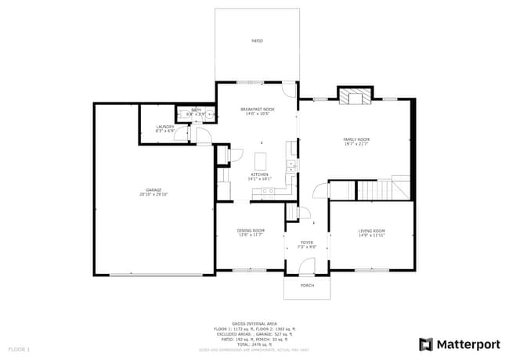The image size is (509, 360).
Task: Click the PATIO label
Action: (x=257, y=40)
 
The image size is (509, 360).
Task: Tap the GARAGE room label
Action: (x=153, y=189)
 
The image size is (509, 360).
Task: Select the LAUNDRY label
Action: (x=164, y=126)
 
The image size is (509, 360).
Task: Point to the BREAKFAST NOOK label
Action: (x=257, y=109)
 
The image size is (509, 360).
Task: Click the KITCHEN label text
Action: (x=259, y=174)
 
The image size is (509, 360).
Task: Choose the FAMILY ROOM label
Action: (x=356, y=139)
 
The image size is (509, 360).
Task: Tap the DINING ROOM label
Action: (x=251, y=230)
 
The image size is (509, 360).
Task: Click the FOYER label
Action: (x=307, y=243)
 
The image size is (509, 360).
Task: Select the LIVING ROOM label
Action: (x=372, y=230)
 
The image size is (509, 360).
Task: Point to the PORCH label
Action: (x=308, y=286)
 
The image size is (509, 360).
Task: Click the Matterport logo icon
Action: (x=426, y=344)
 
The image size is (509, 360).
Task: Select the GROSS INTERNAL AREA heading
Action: (x=254, y=323)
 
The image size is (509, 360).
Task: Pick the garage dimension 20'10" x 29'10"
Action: (x=153, y=194)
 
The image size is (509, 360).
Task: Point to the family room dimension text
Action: (x=356, y=144)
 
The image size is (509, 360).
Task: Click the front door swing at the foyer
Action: (x=305, y=268)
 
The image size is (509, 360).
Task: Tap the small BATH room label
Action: (x=197, y=110)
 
